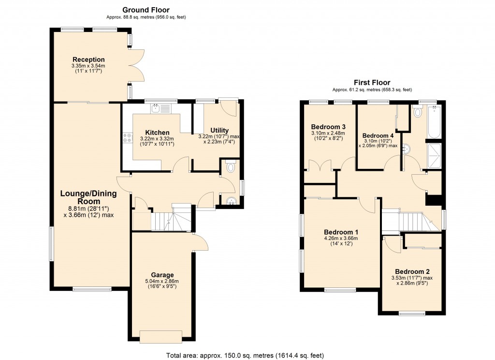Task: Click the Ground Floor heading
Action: pos(146,10)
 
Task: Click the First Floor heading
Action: pos(372,83)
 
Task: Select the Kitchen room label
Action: pos(158,132)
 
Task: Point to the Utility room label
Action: pos(219,130)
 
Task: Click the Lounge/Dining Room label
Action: pos(88,197)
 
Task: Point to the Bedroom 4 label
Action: pos(378,135)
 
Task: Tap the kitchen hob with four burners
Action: pos(128,138)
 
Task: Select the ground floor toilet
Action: pos(231,167)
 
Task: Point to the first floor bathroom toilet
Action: pos(418,113)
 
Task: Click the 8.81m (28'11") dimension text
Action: pos(88,209)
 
